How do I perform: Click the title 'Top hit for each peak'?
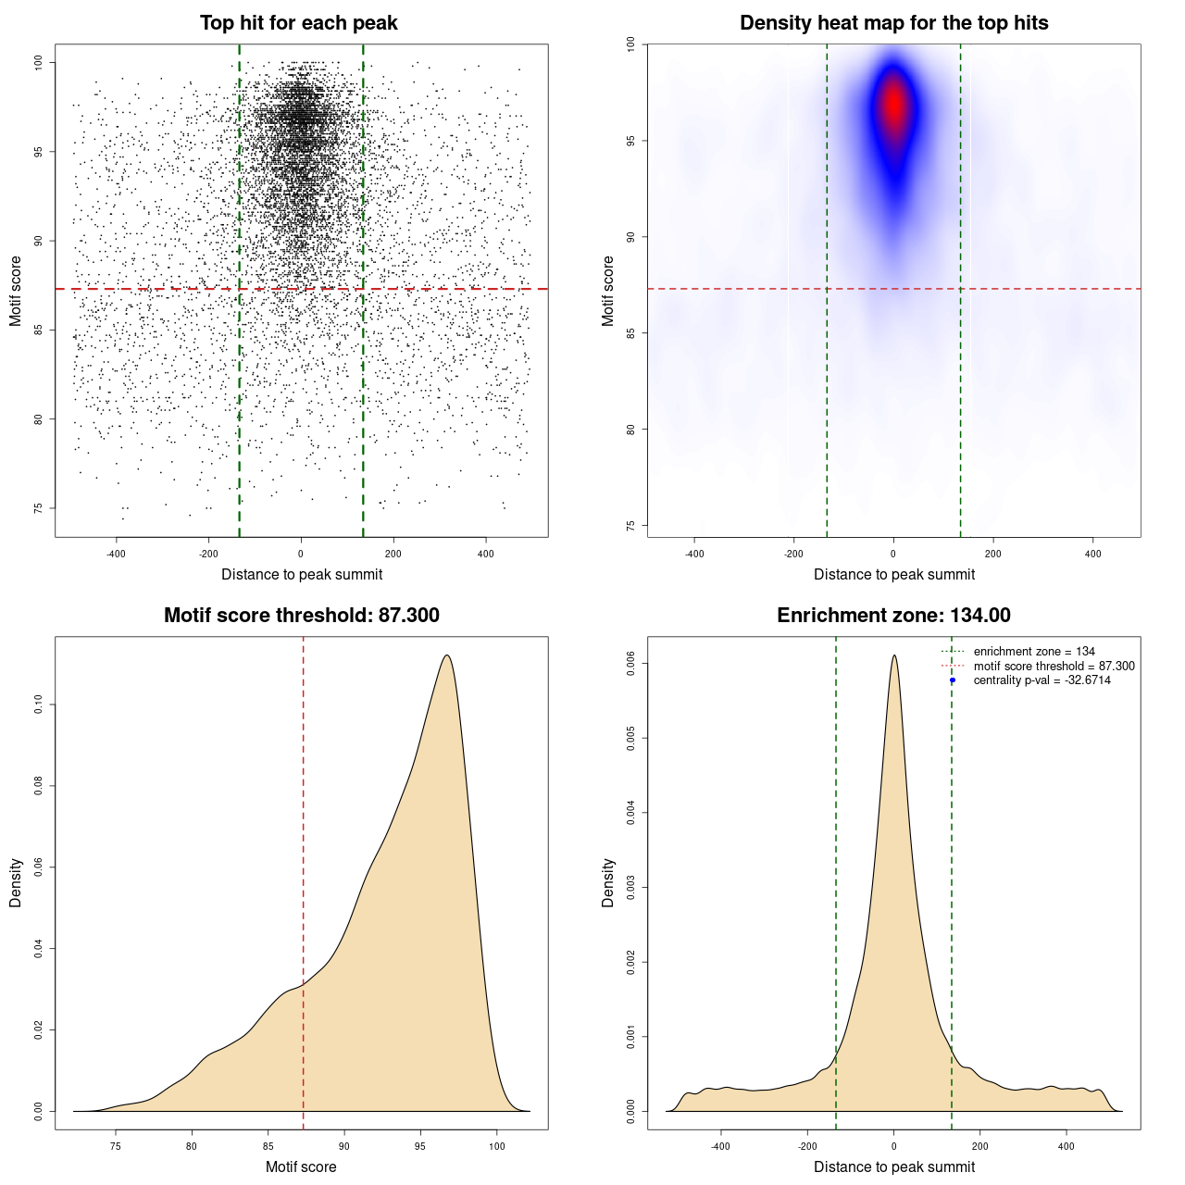(x=299, y=23)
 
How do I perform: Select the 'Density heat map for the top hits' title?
(x=893, y=23)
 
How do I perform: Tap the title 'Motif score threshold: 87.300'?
(x=301, y=616)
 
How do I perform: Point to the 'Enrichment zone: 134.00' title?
(x=893, y=616)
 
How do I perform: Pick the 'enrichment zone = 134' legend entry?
(x=1033, y=652)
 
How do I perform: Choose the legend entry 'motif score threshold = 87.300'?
(x=1054, y=666)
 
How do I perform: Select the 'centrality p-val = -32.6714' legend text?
(x=1042, y=680)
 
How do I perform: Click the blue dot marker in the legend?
(x=953, y=680)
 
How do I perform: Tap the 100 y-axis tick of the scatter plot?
(x=38, y=62)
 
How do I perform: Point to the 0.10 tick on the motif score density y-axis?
(x=38, y=705)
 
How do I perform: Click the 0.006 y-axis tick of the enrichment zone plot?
(x=630, y=663)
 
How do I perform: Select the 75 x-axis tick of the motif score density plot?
(x=116, y=1147)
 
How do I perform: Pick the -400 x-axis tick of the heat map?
(x=694, y=555)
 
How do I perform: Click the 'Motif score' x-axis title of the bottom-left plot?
(x=301, y=1166)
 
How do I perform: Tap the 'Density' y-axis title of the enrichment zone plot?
(x=608, y=882)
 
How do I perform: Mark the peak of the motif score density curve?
(x=447, y=655)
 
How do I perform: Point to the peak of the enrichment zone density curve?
(x=893, y=655)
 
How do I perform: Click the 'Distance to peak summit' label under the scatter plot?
(x=302, y=574)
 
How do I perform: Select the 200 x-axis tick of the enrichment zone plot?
(x=980, y=1147)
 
